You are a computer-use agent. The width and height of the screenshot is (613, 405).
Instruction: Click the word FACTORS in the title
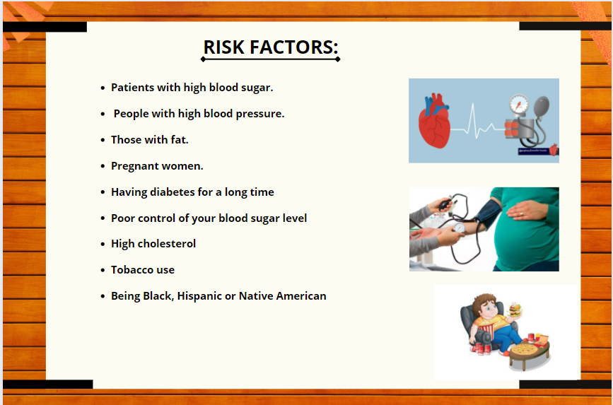tap(293, 47)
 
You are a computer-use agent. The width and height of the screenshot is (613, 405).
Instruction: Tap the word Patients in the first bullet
tap(132, 87)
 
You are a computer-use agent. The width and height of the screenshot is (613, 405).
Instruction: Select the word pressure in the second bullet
tap(260, 115)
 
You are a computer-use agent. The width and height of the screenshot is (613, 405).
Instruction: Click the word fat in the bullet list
tap(179, 139)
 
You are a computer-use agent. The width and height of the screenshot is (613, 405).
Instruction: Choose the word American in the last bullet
tap(301, 296)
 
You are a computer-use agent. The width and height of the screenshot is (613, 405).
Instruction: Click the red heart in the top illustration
tap(434, 120)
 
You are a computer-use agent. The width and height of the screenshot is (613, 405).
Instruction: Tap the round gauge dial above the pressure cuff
tap(519, 105)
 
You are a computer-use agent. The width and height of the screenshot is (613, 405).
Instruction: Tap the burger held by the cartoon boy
tap(515, 310)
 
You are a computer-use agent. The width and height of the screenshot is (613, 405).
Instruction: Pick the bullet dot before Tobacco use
tap(103, 270)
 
